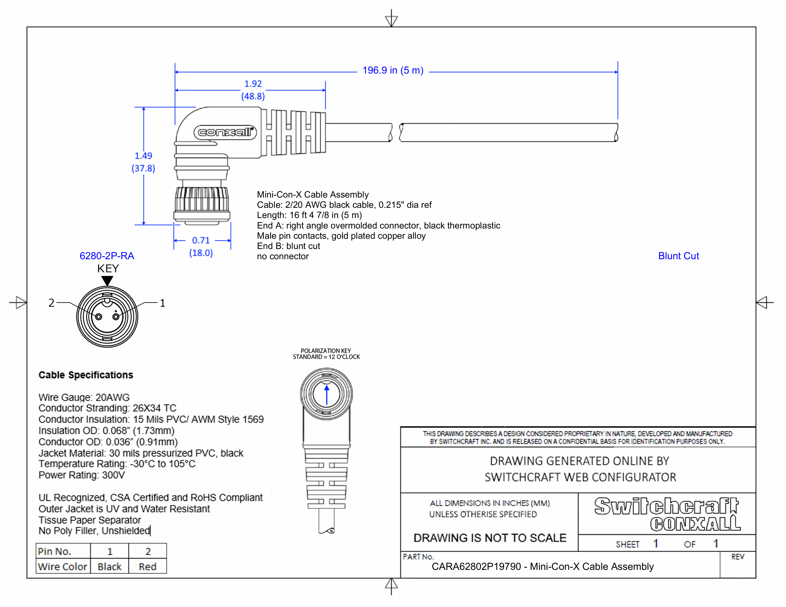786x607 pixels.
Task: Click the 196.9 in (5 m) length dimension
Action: coord(393,70)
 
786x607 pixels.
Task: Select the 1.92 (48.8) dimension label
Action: coord(253,90)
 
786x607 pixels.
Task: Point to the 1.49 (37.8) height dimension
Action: coord(143,162)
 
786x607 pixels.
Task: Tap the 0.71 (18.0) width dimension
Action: coord(201,246)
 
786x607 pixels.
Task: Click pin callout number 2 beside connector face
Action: coord(51,303)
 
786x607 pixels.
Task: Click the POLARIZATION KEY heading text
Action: coord(326,351)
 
